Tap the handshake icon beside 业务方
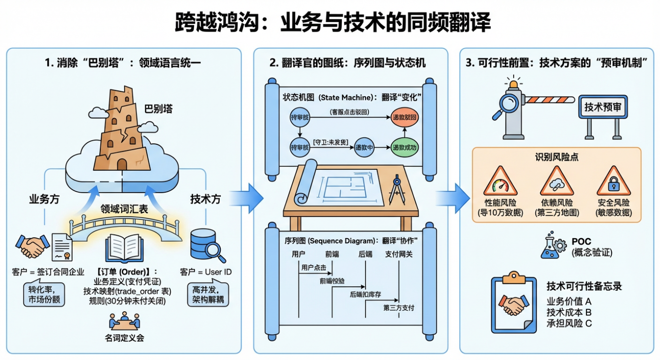33,247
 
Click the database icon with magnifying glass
206,246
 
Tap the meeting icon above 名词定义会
124,321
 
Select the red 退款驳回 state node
404,117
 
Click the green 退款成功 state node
404,147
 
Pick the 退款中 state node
364,148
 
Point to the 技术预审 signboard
603,107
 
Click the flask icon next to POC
553,246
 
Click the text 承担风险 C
569,324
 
